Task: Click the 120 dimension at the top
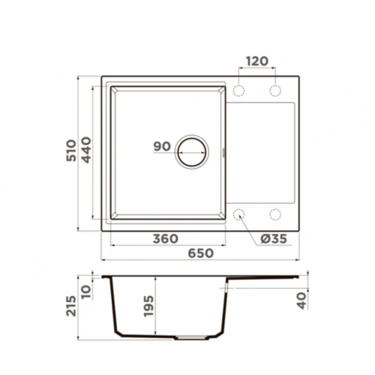(x=256, y=61)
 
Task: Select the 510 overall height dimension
(x=71, y=152)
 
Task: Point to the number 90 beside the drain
(x=162, y=146)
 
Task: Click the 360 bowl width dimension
(x=165, y=239)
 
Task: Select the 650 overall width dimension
(x=200, y=253)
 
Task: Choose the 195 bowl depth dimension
(x=148, y=306)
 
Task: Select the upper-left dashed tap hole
(x=239, y=90)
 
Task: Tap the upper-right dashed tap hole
(x=274, y=90)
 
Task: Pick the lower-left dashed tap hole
(x=239, y=214)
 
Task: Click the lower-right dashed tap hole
(x=274, y=214)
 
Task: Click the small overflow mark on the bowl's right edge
(x=226, y=152)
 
